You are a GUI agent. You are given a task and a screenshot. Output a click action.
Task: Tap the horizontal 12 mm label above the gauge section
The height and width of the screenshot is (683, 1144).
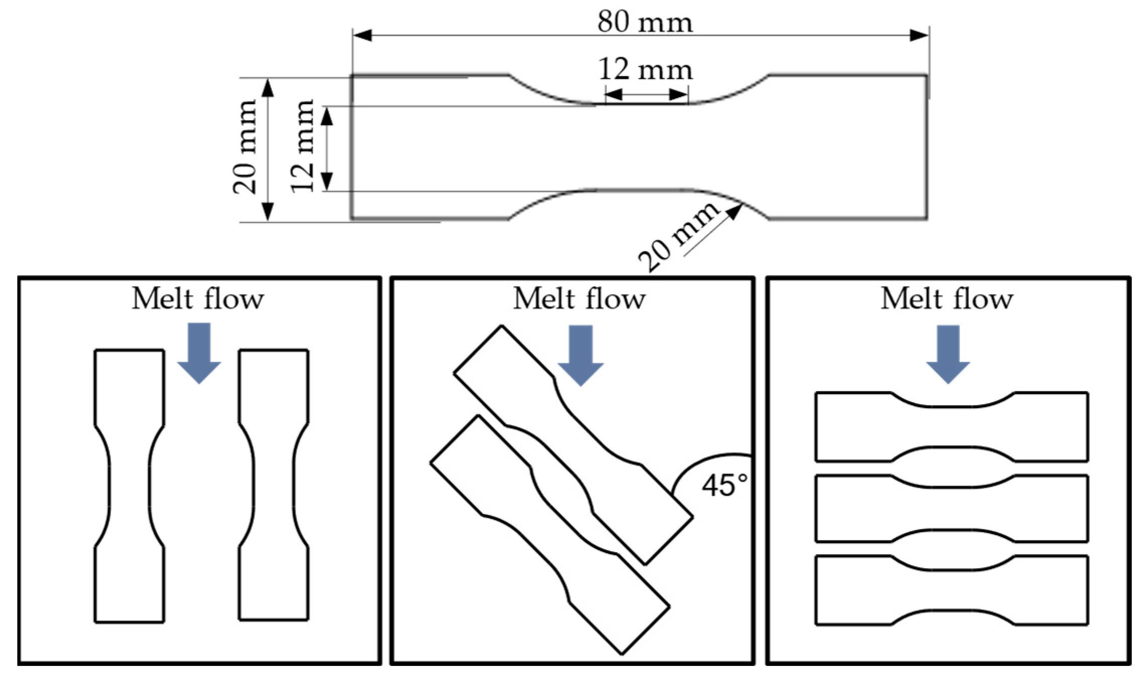pos(645,69)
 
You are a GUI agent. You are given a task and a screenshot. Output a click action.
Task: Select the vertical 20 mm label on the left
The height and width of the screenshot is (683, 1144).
pos(245,147)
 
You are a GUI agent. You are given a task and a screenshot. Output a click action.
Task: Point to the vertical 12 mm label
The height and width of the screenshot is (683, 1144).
pos(302,146)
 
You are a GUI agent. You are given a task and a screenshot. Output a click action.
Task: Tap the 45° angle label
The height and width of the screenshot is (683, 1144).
pos(724,486)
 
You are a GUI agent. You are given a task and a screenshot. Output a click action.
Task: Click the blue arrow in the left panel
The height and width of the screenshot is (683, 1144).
pos(199,353)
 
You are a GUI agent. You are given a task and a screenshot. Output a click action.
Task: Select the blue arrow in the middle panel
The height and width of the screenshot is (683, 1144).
pos(580,355)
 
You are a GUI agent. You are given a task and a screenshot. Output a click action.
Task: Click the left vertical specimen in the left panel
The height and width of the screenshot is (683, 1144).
pos(129,486)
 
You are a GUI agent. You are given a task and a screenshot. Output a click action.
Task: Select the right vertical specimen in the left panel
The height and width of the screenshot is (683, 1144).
pos(274,485)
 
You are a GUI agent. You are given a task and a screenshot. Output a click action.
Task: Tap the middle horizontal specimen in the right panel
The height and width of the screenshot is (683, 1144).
pos(951,508)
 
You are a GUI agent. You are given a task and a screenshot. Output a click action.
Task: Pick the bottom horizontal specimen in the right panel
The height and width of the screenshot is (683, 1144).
pos(951,590)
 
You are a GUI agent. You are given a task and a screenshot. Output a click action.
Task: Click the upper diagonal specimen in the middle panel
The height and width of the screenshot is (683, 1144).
pos(573,445)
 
